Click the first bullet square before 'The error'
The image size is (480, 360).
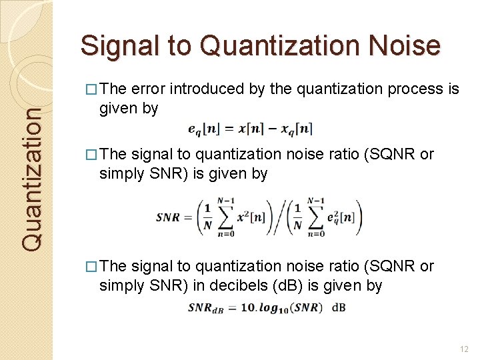[x=92, y=89]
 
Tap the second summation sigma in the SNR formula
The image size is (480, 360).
[x=316, y=215]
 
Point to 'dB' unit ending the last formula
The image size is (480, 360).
[x=339, y=307]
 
